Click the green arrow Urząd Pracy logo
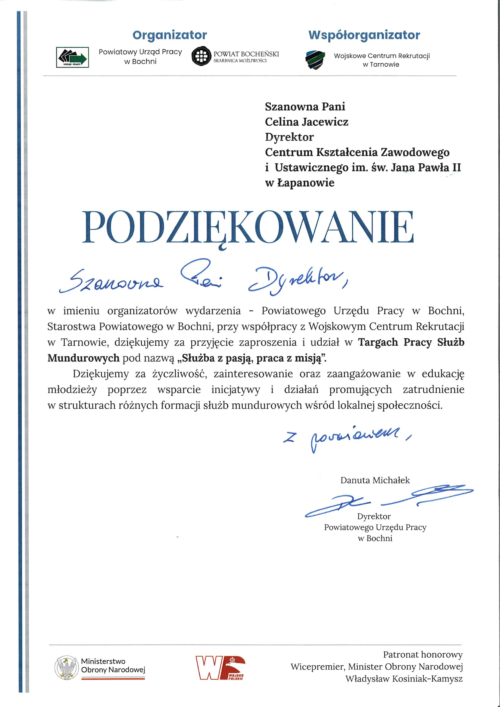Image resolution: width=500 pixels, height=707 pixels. tap(72, 57)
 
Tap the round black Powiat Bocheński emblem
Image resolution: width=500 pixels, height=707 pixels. tap(201, 56)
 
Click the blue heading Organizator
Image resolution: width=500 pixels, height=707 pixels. tap(170, 35)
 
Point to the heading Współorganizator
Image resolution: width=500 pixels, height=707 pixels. tap(364, 35)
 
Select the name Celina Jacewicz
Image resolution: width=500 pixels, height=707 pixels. tap(307, 122)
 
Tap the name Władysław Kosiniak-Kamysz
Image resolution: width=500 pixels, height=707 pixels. tap(404, 678)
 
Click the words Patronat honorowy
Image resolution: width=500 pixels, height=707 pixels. tap(423, 654)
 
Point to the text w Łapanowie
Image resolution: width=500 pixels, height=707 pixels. tap(299, 183)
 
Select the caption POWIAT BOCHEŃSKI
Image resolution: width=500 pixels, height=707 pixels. tap(246, 54)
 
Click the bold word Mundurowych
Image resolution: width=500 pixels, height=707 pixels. tap(83, 358)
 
